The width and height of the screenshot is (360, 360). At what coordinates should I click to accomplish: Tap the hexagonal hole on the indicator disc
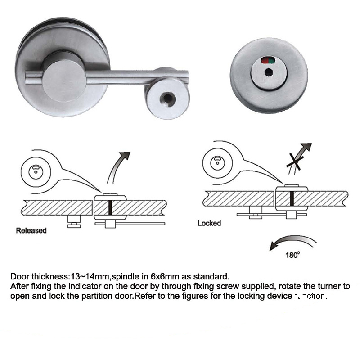(268, 72)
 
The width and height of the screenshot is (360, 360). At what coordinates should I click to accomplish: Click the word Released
(31, 230)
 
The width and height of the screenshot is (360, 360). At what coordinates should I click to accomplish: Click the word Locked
(209, 223)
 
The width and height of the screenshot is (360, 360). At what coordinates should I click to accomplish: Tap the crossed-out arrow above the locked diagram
(298, 158)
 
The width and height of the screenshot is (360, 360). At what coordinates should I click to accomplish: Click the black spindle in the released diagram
(110, 208)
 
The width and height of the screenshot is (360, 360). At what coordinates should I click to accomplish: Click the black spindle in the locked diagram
(292, 199)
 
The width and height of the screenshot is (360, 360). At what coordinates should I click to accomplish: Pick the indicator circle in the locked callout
(217, 163)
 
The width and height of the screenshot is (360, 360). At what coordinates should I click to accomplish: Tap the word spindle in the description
(126, 277)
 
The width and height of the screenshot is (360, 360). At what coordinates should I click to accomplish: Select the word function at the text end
(310, 296)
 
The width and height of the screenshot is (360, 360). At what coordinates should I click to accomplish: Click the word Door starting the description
(20, 276)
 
